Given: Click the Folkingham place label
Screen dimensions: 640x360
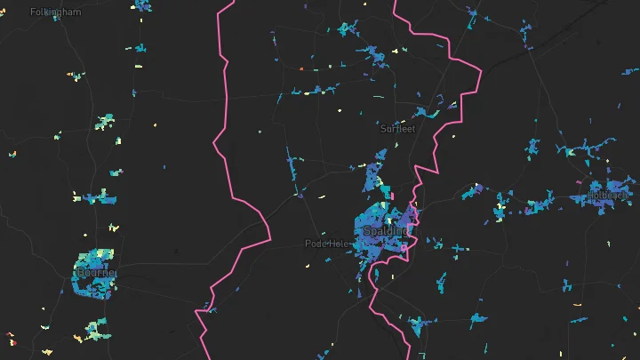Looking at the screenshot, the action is (55, 12).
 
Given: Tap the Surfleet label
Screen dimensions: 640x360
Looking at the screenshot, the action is (397, 129).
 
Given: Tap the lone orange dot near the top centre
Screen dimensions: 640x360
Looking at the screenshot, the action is (302, 68).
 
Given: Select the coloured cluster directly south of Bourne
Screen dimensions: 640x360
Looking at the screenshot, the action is (94, 332).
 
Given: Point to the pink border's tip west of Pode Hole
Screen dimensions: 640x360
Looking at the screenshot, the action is (270, 233).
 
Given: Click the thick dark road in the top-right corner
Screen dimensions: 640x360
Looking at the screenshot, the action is (569, 27).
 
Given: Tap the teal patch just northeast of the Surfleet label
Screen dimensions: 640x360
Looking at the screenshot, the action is (426, 113).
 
